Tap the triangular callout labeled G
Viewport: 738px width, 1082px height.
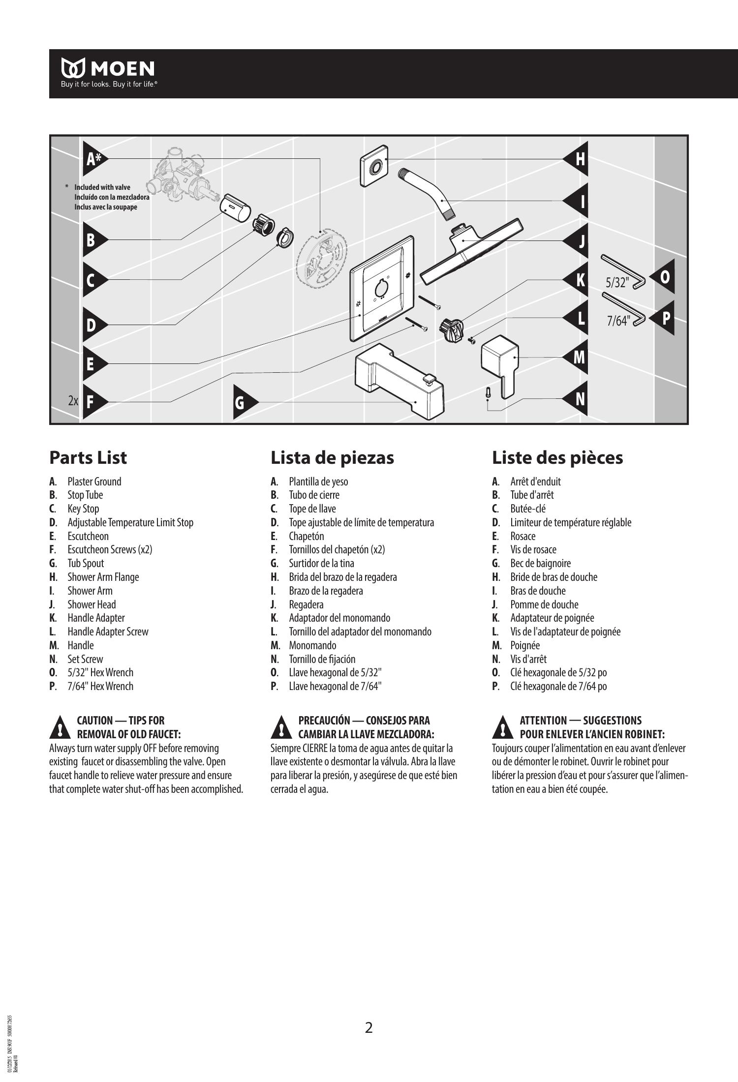click(x=242, y=402)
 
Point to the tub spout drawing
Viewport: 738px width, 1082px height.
click(x=399, y=378)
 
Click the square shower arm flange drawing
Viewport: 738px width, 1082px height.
click(x=374, y=168)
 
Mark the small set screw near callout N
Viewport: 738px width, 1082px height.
click(x=487, y=392)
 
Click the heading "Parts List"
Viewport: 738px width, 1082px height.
click(x=88, y=457)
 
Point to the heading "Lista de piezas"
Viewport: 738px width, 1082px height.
click(x=332, y=457)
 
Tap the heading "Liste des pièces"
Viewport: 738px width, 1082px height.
click(x=557, y=457)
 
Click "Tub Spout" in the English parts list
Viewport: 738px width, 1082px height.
click(x=86, y=563)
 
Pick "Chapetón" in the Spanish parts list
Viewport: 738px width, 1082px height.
click(x=306, y=536)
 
